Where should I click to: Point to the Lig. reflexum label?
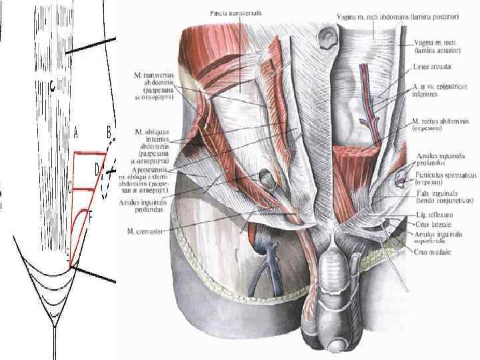(431, 216)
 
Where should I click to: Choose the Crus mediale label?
(433, 253)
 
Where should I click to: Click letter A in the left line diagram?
(75, 133)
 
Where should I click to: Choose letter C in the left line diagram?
(69, 188)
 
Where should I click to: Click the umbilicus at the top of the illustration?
(328, 37)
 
